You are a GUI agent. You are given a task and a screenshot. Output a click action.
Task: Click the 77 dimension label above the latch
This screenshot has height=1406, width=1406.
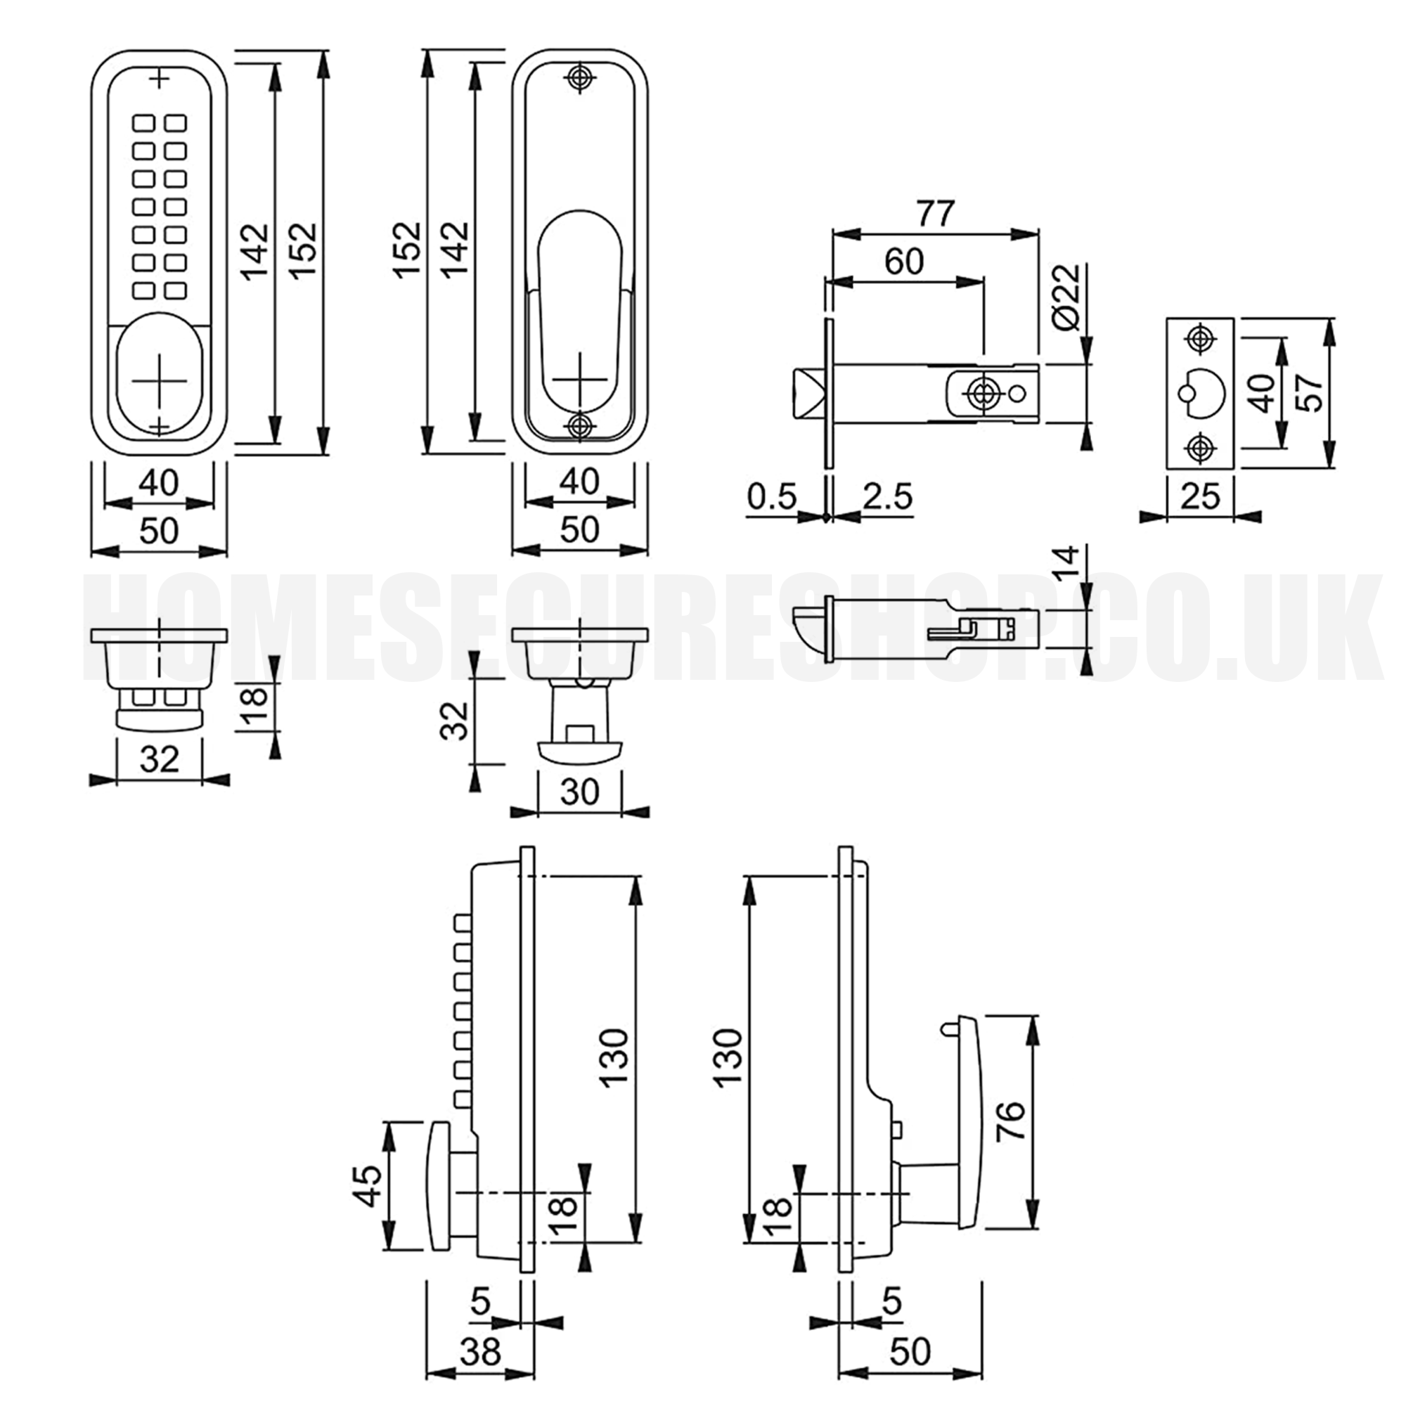click(x=934, y=214)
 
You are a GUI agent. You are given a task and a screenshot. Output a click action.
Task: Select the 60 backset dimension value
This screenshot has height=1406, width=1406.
click(x=904, y=262)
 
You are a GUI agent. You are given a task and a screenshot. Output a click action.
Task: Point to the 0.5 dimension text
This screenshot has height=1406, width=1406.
click(x=772, y=496)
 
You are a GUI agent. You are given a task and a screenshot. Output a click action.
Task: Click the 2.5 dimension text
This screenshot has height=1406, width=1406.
click(x=887, y=496)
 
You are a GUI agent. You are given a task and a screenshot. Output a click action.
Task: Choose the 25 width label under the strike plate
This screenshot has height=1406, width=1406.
click(x=1200, y=497)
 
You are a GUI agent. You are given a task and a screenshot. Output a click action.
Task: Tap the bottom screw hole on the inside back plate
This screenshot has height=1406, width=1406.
click(x=579, y=427)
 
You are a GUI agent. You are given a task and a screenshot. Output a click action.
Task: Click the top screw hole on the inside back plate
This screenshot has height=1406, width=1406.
click(x=579, y=78)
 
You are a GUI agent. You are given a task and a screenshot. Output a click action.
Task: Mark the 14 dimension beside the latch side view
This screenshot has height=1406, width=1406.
click(x=1066, y=564)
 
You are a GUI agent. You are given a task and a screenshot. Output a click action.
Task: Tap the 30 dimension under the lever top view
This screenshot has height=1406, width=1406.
click(x=580, y=792)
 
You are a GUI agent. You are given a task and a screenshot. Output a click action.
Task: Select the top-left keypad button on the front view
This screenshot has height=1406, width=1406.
click(x=143, y=123)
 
